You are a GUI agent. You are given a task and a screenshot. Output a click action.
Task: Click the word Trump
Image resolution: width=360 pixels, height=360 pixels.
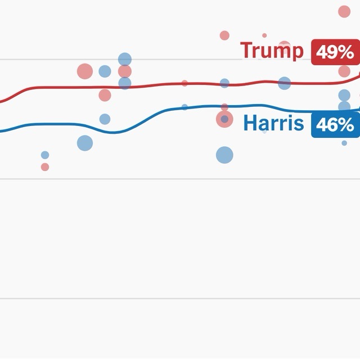[x=272, y=51]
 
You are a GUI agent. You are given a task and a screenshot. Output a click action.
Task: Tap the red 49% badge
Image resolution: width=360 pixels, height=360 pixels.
[x=335, y=52]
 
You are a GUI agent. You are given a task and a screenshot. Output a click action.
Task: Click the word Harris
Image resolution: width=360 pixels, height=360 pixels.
[x=274, y=124]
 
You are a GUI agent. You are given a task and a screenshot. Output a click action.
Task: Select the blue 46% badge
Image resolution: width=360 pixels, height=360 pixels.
[x=335, y=125]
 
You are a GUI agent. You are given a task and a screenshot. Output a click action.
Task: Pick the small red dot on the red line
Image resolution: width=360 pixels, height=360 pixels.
[x=184, y=83]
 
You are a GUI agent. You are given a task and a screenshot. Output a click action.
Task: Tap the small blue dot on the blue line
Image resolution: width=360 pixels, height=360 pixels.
[x=184, y=107]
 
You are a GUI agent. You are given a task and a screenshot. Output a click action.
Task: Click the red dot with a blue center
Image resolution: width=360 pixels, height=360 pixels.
[x=224, y=119]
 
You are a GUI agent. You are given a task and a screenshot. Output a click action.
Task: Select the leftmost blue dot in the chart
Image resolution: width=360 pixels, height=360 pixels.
[x=45, y=155]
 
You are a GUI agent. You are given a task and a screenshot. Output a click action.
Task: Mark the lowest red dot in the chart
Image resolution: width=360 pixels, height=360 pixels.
[x=45, y=167]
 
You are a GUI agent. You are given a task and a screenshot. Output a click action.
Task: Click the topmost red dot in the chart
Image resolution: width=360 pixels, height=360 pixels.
[x=344, y=11]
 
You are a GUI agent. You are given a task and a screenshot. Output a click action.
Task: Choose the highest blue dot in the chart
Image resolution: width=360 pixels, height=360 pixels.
[x=125, y=59]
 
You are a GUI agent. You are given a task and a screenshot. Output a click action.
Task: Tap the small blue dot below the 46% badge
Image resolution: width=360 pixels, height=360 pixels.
[x=344, y=143]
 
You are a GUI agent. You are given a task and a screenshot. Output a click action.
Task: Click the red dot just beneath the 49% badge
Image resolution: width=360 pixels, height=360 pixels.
[x=344, y=71]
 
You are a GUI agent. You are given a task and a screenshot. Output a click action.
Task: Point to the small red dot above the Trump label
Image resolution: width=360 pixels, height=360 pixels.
[x=264, y=35]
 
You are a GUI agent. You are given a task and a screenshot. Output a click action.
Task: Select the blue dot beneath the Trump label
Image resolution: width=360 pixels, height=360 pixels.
[x=285, y=83]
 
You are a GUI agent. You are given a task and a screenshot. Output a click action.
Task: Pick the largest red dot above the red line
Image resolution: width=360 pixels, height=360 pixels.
[x=84, y=71]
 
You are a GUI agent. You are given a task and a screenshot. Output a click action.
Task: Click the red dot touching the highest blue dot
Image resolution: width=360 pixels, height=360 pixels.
[x=125, y=71]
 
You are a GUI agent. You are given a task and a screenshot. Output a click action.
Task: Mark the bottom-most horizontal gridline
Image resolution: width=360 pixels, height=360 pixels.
[x=180, y=298]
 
